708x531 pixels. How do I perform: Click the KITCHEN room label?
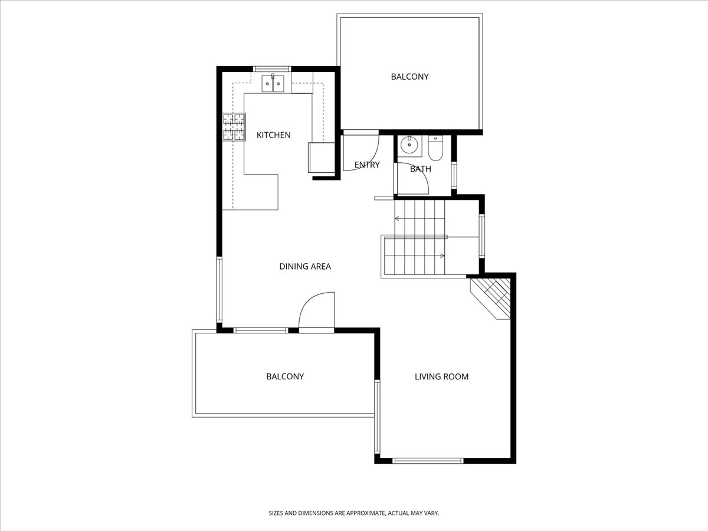pos(274,135)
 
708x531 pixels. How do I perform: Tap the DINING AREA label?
pos(305,266)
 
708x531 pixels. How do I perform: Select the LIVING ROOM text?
pos(441,376)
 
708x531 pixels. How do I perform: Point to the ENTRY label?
pos(367,165)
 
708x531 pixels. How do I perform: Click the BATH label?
pos(421,169)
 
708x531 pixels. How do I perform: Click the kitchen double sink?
pos(273,83)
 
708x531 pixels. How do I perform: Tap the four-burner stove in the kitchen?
pos(234,127)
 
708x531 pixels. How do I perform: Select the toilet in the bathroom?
pos(435,148)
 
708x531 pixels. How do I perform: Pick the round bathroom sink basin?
pos(409,145)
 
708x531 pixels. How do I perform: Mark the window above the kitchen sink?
pos(271,69)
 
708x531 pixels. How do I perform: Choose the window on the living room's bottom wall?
pos(428,461)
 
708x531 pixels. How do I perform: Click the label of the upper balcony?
pos(409,77)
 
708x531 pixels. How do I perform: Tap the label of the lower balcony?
pos(285,376)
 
